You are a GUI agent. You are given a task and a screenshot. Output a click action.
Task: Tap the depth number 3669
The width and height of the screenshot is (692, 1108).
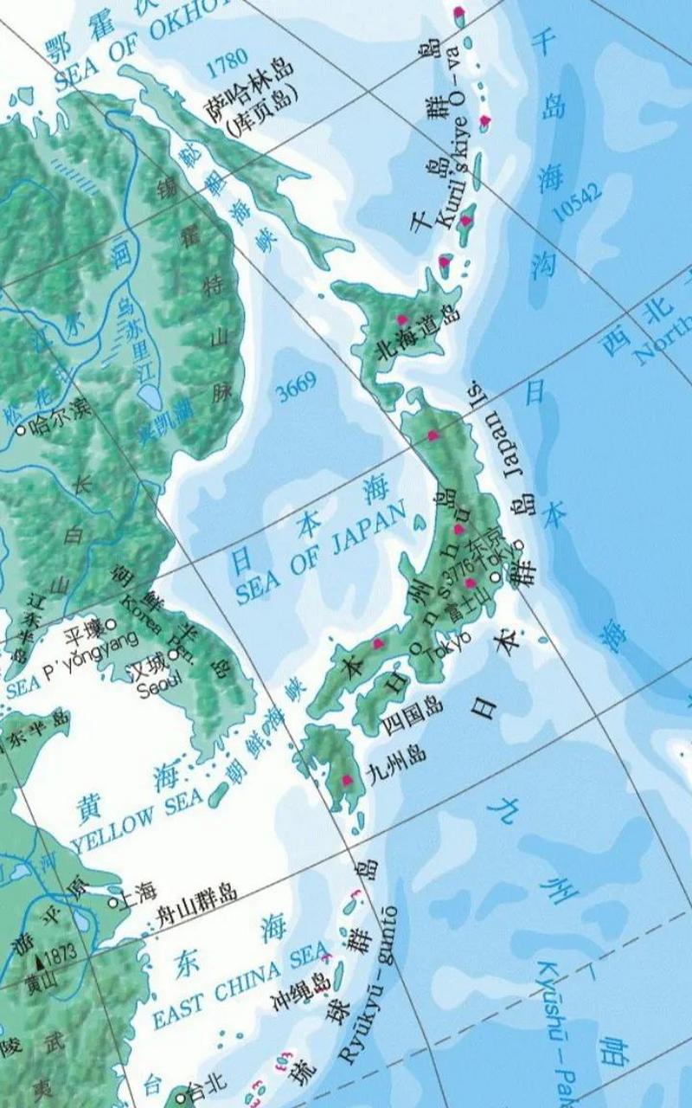coord(297,389)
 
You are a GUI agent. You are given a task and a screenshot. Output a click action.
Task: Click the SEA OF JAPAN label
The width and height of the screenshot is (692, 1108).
coord(320,554)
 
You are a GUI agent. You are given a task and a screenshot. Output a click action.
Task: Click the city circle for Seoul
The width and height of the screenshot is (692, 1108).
coord(174,654)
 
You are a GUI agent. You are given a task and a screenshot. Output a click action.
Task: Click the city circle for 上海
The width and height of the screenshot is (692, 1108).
coord(112,902)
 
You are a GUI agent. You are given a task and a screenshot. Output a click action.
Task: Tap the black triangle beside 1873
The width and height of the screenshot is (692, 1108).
coord(40,962)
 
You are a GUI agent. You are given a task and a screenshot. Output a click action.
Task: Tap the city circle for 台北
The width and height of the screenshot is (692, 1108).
coord(180,1098)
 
